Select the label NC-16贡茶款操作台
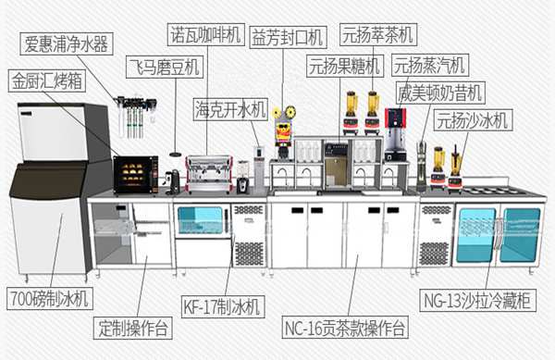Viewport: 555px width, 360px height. [x=341, y=327]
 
